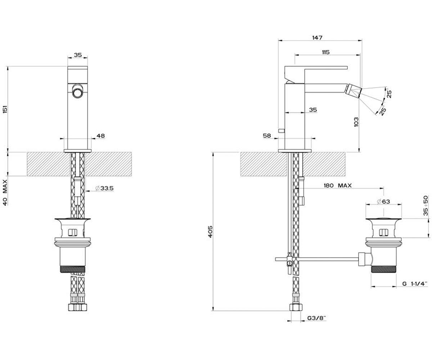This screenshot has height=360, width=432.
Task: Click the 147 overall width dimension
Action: tap(317, 38)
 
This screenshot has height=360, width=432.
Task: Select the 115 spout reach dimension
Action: tap(326, 52)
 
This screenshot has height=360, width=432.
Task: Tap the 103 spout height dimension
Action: tap(356, 122)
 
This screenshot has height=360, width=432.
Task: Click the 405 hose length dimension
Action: tap(210, 232)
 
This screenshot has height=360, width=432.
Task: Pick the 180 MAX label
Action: tap(338, 186)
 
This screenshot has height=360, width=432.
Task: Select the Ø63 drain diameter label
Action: tap(383, 201)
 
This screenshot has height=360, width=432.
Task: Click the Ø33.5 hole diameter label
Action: tap(104, 188)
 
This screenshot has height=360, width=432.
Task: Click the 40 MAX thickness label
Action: tap(5, 192)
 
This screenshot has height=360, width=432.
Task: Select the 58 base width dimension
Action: tap(267, 135)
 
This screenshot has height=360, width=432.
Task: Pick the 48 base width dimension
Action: tap(101, 136)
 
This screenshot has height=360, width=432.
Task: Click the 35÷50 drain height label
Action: tap(426, 206)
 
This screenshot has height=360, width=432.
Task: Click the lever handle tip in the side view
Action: tap(347, 68)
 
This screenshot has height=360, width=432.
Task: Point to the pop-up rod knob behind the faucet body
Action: tap(282, 131)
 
